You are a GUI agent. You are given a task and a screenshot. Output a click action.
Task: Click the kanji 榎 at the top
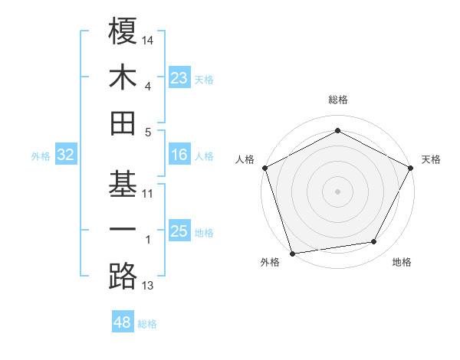(x=123, y=31)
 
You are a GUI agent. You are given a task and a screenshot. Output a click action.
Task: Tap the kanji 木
(x=123, y=77)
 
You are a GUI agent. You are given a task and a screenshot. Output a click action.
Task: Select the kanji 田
(x=123, y=123)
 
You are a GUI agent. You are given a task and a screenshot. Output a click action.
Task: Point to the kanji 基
(x=123, y=185)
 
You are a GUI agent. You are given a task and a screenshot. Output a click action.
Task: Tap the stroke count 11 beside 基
(x=148, y=194)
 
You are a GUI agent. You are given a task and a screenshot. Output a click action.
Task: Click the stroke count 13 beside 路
(x=148, y=286)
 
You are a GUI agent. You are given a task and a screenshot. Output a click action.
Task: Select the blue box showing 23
(x=179, y=78)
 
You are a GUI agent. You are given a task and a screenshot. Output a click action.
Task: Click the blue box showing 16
(x=179, y=155)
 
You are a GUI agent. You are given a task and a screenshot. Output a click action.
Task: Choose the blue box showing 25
(x=179, y=231)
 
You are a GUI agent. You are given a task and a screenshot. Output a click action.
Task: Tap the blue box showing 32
(x=65, y=155)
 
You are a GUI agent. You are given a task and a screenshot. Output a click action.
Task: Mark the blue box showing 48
(x=122, y=322)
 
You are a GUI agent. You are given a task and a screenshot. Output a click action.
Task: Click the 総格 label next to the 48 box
(x=147, y=324)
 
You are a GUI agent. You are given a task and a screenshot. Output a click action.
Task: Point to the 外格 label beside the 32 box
(x=41, y=156)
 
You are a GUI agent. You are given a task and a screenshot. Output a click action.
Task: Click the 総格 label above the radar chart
(x=337, y=100)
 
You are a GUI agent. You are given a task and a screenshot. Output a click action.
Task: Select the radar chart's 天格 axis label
(x=431, y=159)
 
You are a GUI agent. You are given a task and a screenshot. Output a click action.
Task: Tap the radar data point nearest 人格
(x=264, y=167)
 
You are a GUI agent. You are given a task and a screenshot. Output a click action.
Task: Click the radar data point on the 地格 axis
(x=374, y=242)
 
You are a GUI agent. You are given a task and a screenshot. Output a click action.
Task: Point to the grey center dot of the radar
(x=337, y=191)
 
